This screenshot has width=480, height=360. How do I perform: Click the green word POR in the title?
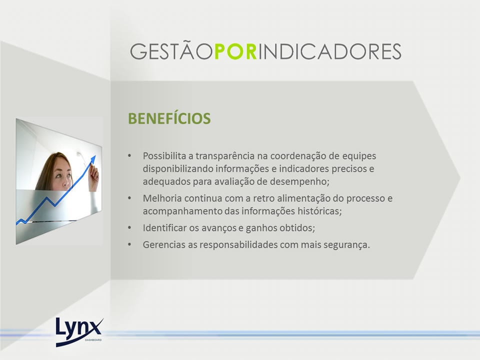tap(235, 51)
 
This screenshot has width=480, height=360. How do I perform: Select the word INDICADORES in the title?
tap(329, 51)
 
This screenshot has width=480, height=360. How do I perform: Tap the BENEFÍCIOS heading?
tap(169, 118)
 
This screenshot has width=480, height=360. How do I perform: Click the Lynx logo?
tap(79, 332)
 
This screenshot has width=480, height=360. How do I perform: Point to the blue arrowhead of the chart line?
tap(93, 159)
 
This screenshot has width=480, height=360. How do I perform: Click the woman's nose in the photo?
tap(65, 183)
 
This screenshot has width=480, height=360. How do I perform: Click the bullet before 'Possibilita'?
tap(130, 156)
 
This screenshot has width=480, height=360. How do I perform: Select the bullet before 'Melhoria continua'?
tap(130, 198)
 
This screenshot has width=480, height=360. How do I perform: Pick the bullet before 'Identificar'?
tap(130, 228)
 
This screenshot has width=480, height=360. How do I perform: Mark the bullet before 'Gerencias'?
tap(130, 244)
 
